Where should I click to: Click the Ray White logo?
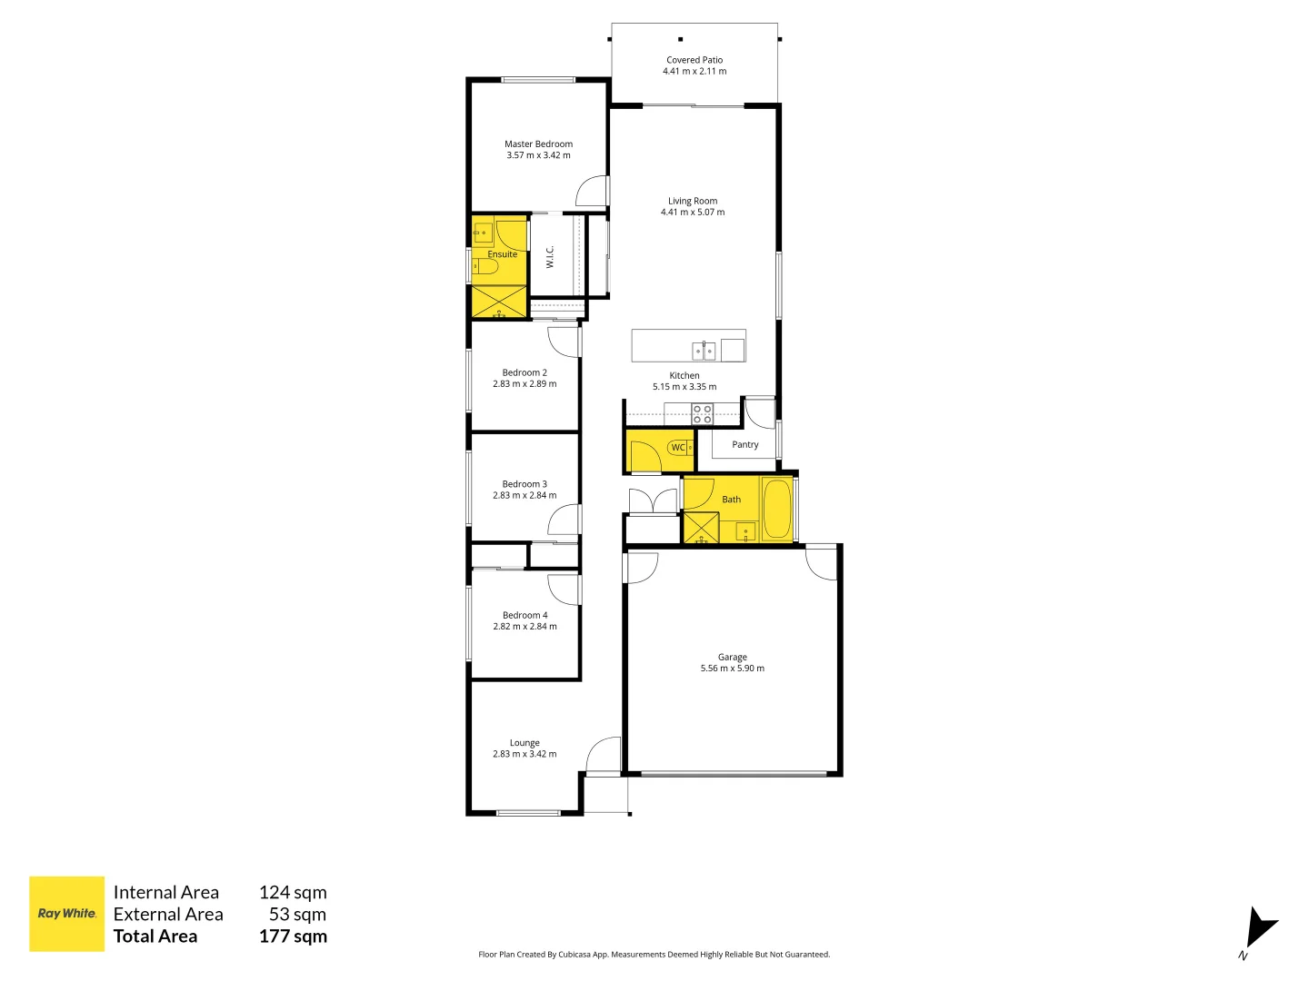coord(66,914)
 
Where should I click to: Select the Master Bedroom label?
coord(538,144)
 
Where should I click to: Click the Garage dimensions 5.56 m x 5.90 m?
coord(732,669)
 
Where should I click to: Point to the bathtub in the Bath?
coord(777,510)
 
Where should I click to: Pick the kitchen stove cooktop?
coord(702,414)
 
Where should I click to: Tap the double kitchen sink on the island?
coord(704,350)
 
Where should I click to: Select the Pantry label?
coord(744,444)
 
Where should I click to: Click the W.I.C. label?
coord(550,257)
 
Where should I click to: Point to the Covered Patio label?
coord(694,60)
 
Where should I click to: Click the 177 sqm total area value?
coord(293,936)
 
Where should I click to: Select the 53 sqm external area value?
coord(297,915)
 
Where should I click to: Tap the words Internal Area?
coord(165,893)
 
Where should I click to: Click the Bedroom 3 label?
coord(525,484)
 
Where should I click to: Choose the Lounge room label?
coord(525,743)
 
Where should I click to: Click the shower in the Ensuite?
coord(499,302)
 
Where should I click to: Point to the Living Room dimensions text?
coord(693,213)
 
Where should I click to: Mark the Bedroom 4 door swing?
coord(564,590)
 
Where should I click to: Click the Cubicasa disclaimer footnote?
coord(654,955)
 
